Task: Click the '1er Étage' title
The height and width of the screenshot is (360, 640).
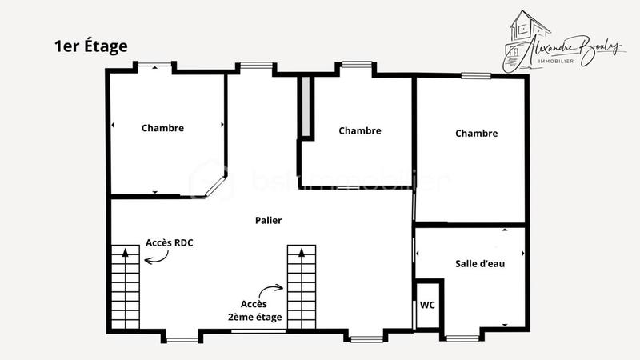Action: tap(91, 46)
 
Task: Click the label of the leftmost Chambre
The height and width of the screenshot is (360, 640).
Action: tap(162, 128)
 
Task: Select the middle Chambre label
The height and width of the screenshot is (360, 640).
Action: tap(359, 130)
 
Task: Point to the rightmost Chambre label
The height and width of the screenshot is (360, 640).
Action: tap(476, 134)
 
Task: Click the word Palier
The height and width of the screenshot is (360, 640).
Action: tap(268, 220)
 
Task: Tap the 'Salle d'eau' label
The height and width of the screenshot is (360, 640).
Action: tap(480, 263)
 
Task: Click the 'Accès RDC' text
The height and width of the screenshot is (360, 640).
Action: tap(170, 242)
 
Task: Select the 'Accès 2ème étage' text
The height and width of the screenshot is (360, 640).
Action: tap(261, 311)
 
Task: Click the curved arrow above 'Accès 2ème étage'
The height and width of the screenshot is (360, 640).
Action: tap(272, 290)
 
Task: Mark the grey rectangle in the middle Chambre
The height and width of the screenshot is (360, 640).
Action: tap(305, 108)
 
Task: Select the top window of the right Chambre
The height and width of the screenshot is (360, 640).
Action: tap(475, 75)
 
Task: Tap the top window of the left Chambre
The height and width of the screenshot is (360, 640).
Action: tap(154, 66)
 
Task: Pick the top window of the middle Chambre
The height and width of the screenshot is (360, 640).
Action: tap(357, 65)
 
